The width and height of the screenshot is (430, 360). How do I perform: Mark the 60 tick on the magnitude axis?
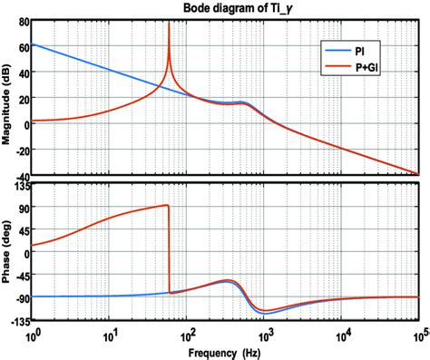point(22,44)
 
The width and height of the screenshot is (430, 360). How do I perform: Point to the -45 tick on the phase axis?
point(20,275)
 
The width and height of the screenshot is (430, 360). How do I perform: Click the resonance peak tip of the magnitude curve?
point(169,23)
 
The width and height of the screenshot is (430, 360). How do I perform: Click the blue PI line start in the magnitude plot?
point(34,44)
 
